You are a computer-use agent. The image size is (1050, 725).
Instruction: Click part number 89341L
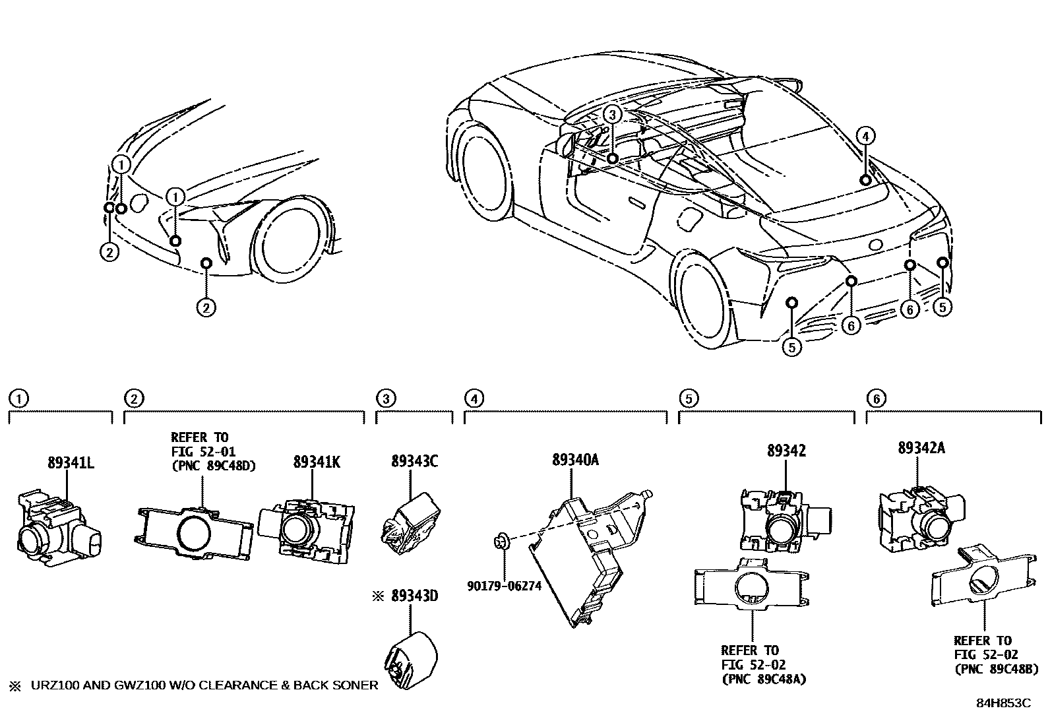[71, 463]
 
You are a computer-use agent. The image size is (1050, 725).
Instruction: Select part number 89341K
[317, 463]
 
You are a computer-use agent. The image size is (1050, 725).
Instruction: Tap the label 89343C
[414, 462]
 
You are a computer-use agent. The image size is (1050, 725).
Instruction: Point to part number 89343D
[414, 596]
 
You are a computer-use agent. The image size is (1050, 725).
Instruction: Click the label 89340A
[575, 460]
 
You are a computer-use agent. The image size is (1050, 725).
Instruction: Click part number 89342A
[921, 448]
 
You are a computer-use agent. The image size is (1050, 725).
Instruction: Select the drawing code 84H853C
[1003, 703]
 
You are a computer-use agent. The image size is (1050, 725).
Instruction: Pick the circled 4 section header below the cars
[473, 398]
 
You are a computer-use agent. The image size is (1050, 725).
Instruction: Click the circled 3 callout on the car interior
[612, 115]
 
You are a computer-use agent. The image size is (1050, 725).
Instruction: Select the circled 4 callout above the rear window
[866, 137]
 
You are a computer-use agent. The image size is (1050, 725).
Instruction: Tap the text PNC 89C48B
[996, 668]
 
